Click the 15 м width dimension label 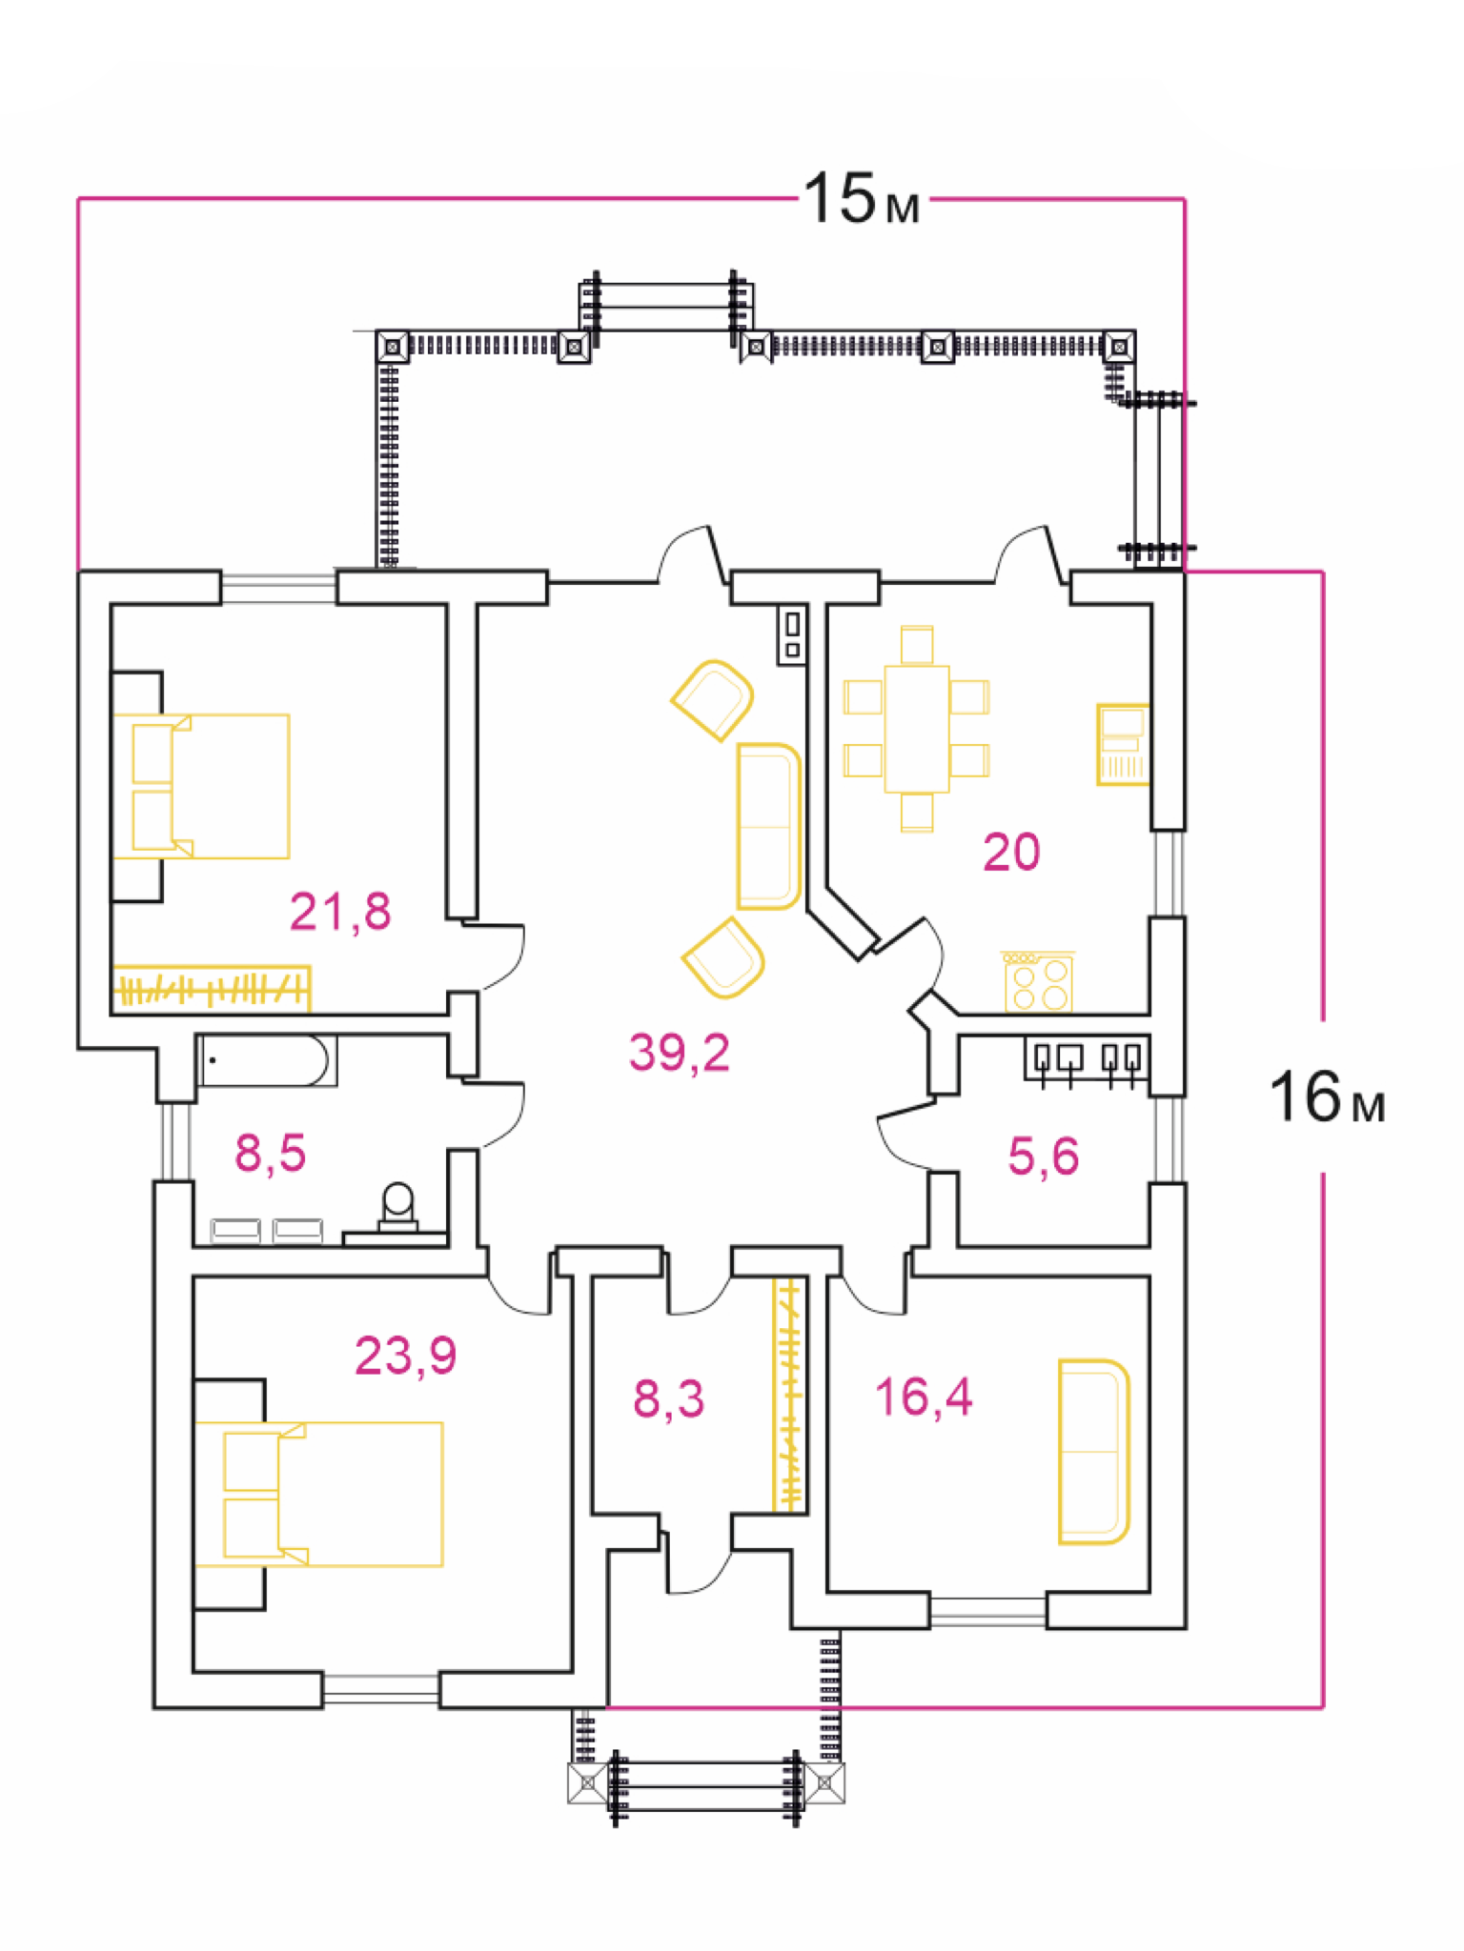coord(862,199)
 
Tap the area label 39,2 coord(680,1053)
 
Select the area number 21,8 coord(340,912)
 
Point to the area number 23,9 coord(406,1355)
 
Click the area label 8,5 coord(271,1153)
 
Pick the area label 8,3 coord(669,1398)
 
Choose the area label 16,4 coord(924,1398)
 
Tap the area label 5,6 coord(1044,1157)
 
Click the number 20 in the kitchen coord(1011,852)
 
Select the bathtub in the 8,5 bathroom coord(267,1060)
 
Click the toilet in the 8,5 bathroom coord(397,1208)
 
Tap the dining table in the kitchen coord(917,729)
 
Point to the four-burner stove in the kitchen coord(1038,981)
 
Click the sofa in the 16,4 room coord(1094,1451)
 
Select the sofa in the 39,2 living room coord(769,826)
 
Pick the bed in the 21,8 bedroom coord(201,786)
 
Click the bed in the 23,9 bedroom coord(319,1494)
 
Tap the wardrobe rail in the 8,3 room coord(789,1395)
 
